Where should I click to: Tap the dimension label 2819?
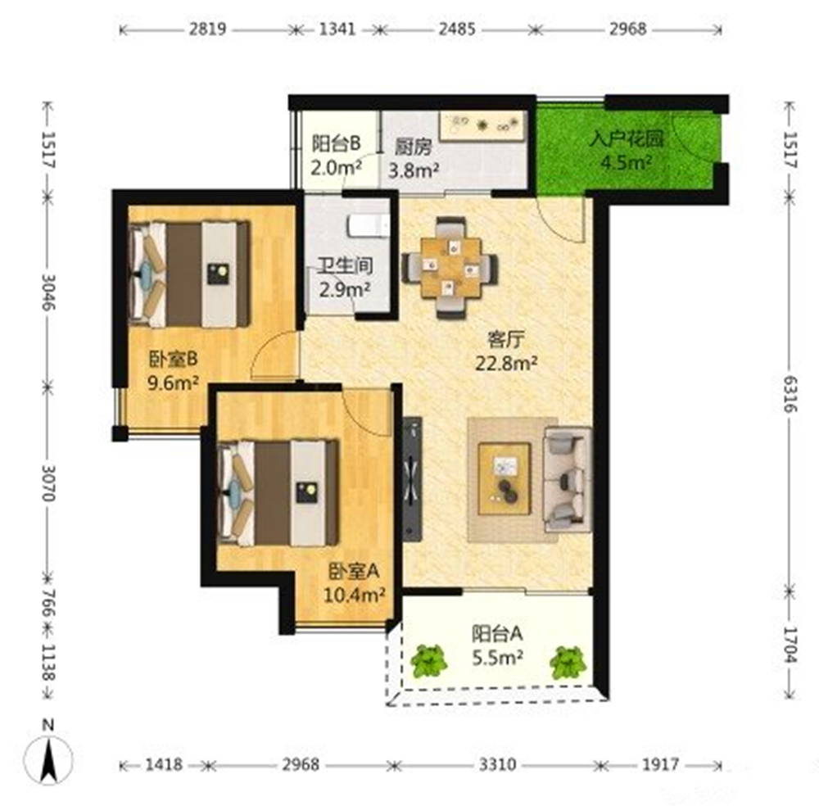(207, 29)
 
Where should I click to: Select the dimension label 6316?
(790, 394)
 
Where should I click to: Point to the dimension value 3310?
(498, 765)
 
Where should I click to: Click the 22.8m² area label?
(506, 363)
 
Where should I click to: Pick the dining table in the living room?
(450, 268)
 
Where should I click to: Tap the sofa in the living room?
(568, 479)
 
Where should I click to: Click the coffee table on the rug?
(505, 479)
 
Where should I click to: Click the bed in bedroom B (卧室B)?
(190, 274)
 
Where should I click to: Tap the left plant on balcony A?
(429, 661)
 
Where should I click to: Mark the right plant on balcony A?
(568, 663)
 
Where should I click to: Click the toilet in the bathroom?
(369, 225)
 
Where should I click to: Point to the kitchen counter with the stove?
(482, 125)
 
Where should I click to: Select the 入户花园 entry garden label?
(627, 139)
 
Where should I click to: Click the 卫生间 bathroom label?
(346, 266)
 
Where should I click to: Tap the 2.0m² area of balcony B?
(337, 168)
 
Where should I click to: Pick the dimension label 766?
(48, 604)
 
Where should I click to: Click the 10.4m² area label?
(355, 595)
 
